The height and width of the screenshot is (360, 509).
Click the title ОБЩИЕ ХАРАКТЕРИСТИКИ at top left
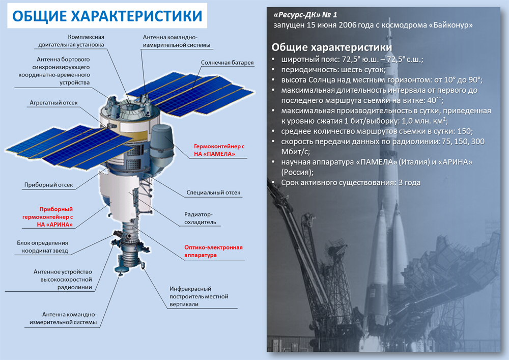[x=107, y=16]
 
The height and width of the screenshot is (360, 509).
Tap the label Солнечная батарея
[x=227, y=63]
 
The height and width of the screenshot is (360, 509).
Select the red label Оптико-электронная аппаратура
[x=213, y=251]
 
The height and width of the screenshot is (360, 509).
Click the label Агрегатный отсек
[x=53, y=102]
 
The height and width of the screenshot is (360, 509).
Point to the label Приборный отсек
[x=49, y=185]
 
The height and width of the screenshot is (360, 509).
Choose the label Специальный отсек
[x=213, y=192]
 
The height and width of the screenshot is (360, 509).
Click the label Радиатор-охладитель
[x=200, y=218]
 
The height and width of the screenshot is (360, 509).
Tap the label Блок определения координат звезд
[x=43, y=247]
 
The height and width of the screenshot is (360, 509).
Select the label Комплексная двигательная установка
[x=71, y=41]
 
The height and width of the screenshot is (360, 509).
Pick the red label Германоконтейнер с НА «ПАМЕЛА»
[x=219, y=150]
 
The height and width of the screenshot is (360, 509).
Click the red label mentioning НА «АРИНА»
[x=48, y=217]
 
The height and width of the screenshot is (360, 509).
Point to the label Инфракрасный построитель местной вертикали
[x=199, y=296]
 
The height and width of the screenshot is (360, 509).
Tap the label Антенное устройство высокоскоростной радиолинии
[x=63, y=280]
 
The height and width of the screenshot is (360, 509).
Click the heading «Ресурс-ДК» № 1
[x=305, y=15]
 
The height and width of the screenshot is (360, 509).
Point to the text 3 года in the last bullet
[x=409, y=182]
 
